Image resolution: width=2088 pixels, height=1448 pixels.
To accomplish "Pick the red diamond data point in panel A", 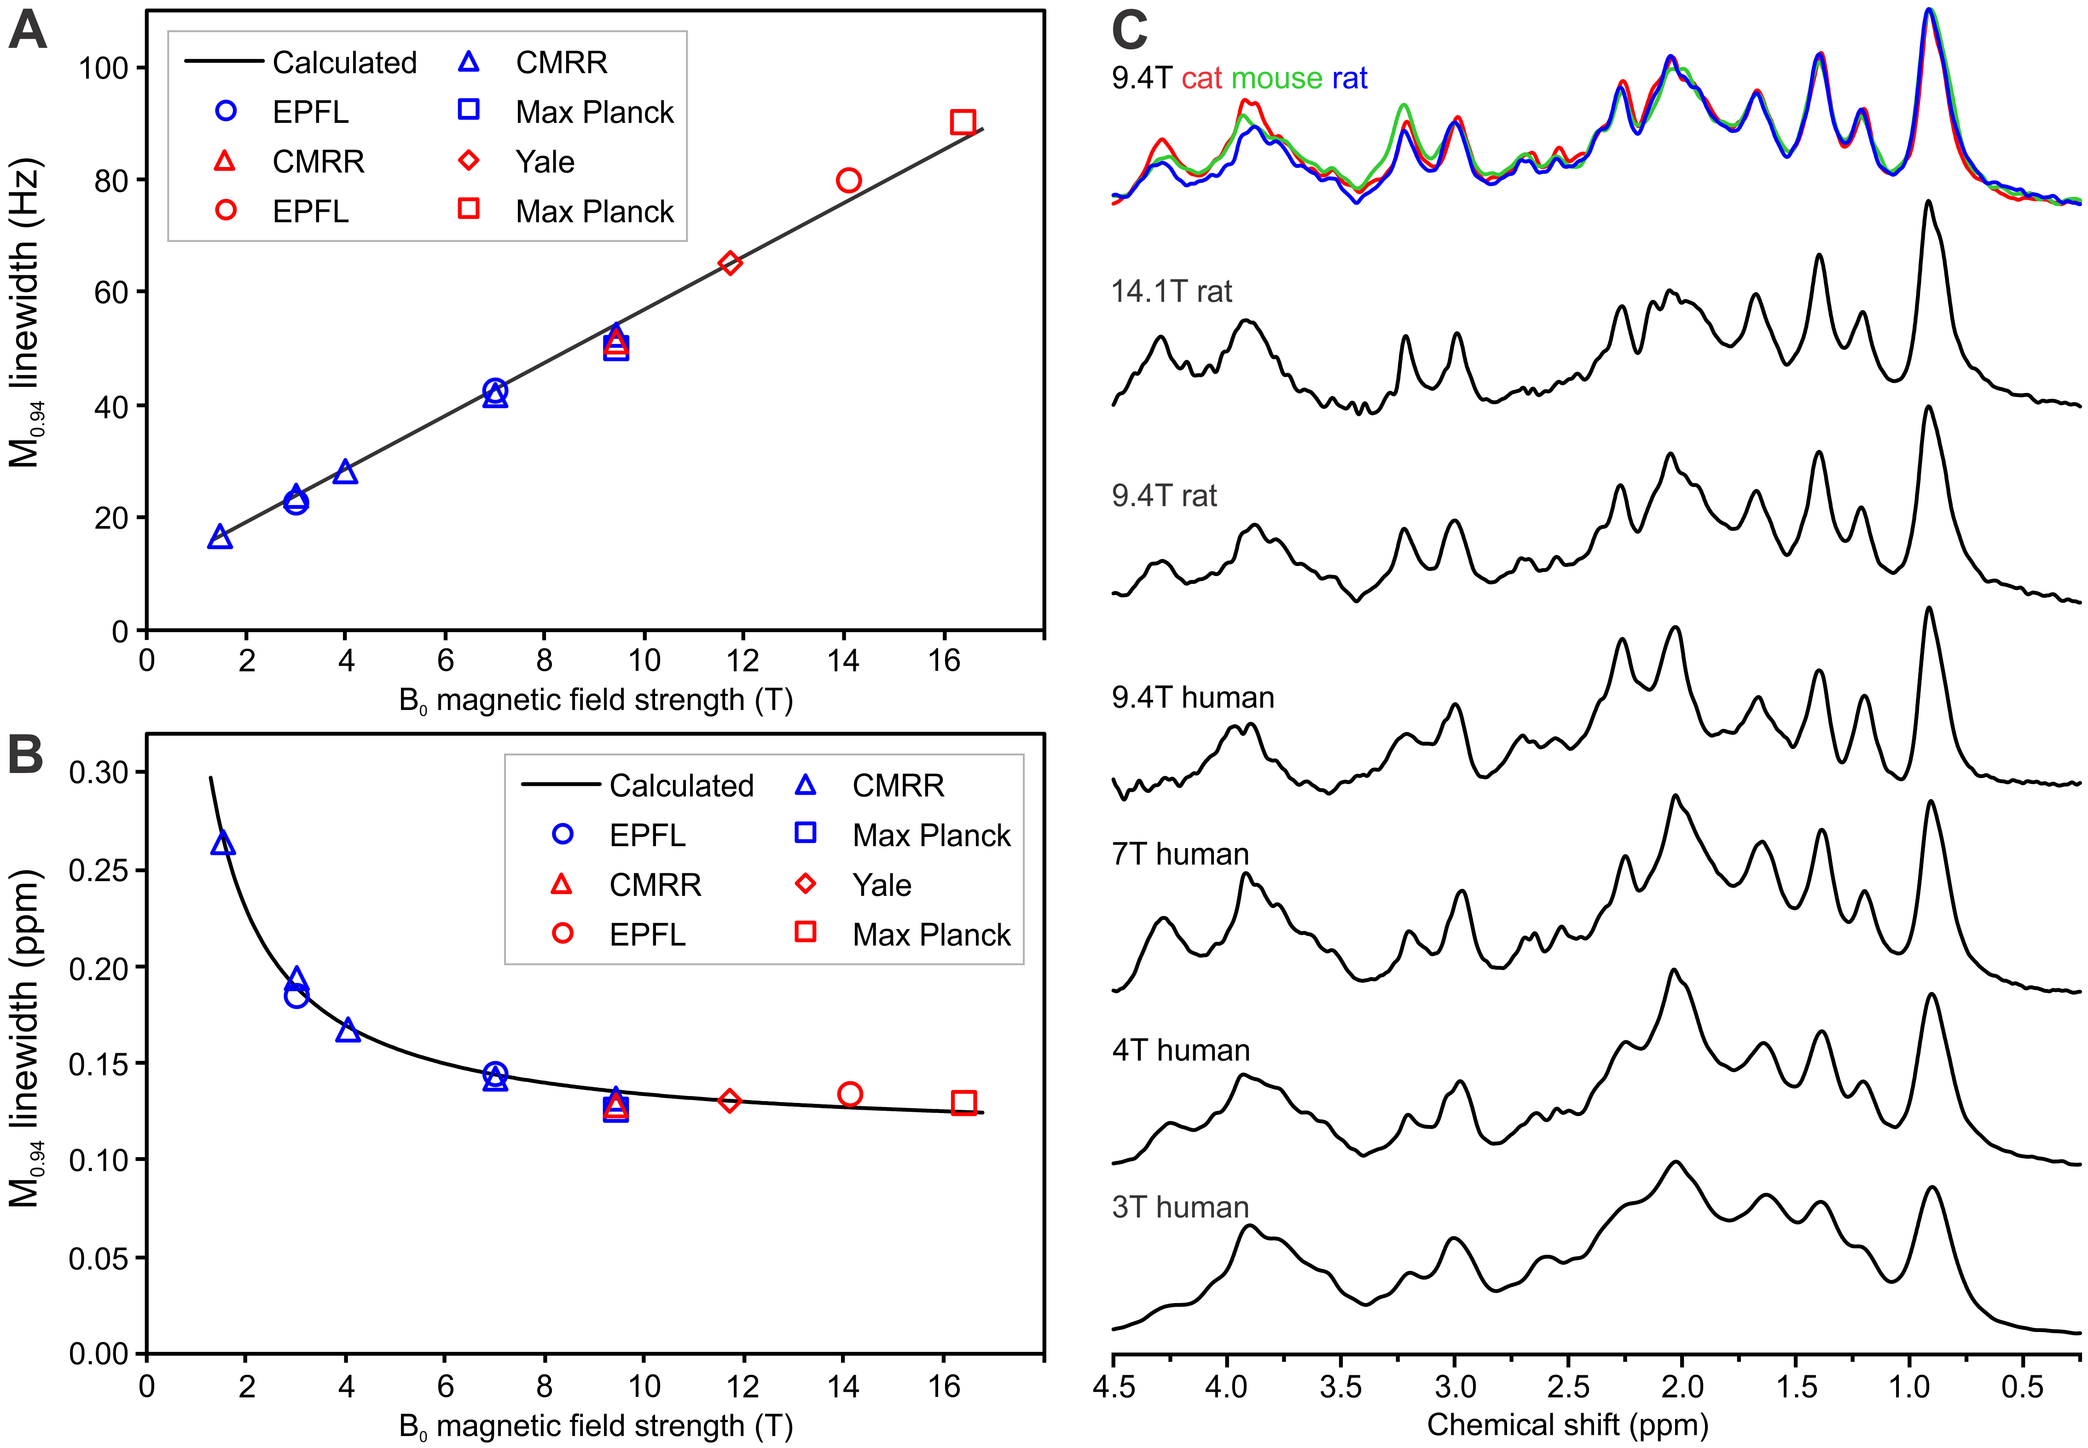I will pyautogui.click(x=730, y=263).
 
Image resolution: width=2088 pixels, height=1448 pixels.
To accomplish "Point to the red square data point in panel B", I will pyautogui.click(x=964, y=1102).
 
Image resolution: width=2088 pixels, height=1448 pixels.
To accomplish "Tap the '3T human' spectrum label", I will pyautogui.click(x=1180, y=1207).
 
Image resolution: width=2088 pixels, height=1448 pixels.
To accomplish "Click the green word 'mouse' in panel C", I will pyautogui.click(x=1277, y=79).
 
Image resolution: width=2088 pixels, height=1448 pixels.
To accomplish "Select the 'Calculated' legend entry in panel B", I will pyautogui.click(x=680, y=786).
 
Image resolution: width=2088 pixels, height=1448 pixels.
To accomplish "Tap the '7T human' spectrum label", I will pyautogui.click(x=1180, y=854).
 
